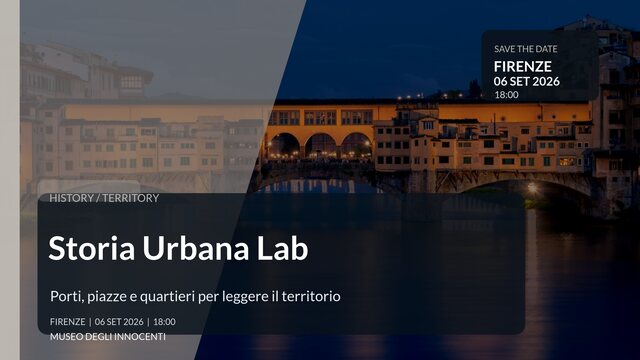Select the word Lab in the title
point(275,248)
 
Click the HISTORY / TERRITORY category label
point(104,198)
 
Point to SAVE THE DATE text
point(526,49)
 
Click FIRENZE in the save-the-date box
point(522,66)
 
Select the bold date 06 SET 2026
point(527,81)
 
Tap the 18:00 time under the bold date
point(506,95)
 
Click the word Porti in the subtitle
point(66,296)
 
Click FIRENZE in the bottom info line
point(67,322)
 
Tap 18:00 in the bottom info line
point(164,322)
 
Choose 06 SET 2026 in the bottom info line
point(119,322)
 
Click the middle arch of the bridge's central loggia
point(321,146)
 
